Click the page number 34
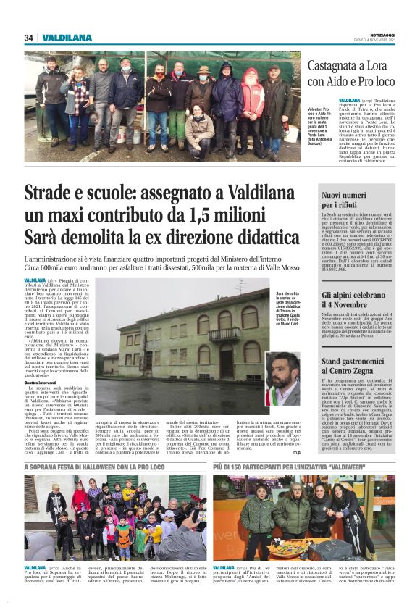click(29, 38)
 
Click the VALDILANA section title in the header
click(67, 38)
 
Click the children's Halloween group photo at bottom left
click(114, 517)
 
